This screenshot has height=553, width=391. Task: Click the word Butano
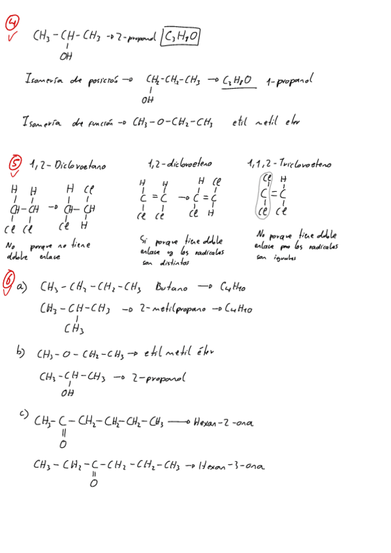172,287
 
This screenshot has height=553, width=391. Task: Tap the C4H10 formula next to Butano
232,287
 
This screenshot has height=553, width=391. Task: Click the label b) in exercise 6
21,353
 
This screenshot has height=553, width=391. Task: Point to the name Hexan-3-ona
231,466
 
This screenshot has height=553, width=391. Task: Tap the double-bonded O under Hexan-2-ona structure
63,445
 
